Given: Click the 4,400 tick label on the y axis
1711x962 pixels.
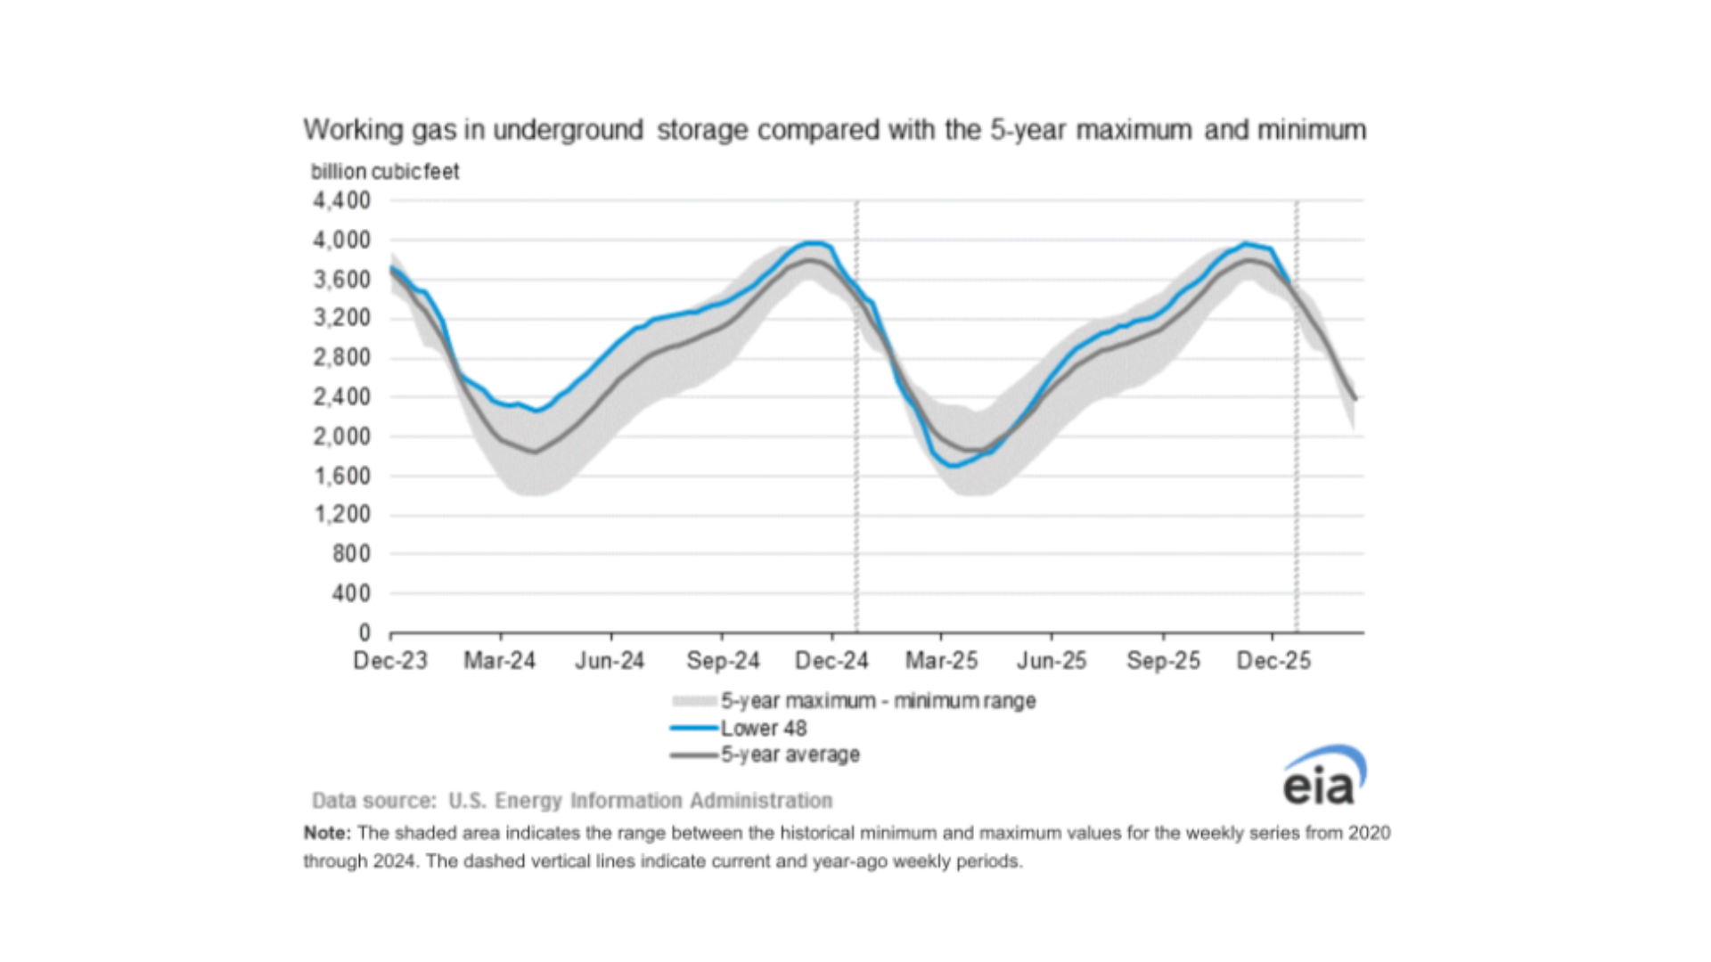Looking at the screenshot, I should (x=341, y=200).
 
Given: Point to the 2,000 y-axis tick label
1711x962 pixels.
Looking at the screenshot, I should (x=341, y=436).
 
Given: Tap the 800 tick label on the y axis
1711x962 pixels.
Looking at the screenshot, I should (x=350, y=554).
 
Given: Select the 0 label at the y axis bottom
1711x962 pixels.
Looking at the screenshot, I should (x=364, y=632).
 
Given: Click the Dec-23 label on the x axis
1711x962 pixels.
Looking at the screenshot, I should (x=390, y=661).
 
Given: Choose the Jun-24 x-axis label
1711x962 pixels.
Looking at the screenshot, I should (x=610, y=661).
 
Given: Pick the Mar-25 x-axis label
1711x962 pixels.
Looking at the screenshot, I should (x=941, y=661).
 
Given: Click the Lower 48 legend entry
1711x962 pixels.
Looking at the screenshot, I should (x=763, y=728).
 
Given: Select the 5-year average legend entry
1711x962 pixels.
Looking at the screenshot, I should (x=790, y=754).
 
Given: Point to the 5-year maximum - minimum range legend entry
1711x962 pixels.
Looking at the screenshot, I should (x=878, y=701).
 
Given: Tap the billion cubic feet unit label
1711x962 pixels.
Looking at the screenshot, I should (x=385, y=171).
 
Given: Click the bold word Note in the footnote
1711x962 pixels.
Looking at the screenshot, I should (x=325, y=833).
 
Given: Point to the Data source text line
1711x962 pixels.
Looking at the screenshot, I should (x=572, y=800).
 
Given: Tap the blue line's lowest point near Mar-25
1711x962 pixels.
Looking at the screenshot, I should (x=954, y=465).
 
